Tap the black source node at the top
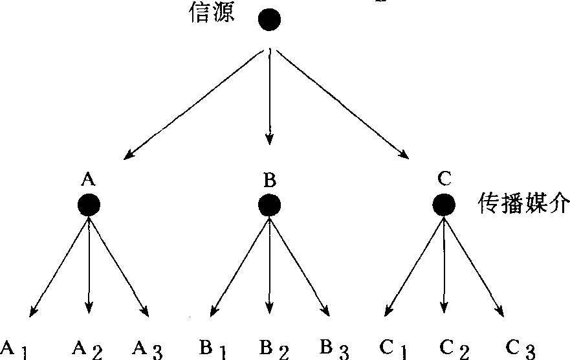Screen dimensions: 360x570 (x=270, y=19)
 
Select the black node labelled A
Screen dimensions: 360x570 (x=89, y=206)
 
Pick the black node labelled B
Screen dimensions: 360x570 (x=269, y=206)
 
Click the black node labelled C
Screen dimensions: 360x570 (x=444, y=206)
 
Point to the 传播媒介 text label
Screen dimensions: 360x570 (x=523, y=205)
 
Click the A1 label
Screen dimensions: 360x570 (x=15, y=350)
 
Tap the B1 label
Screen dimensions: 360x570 (x=211, y=350)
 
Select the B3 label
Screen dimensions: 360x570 (x=333, y=350)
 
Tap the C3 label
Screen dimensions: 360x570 (x=520, y=350)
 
